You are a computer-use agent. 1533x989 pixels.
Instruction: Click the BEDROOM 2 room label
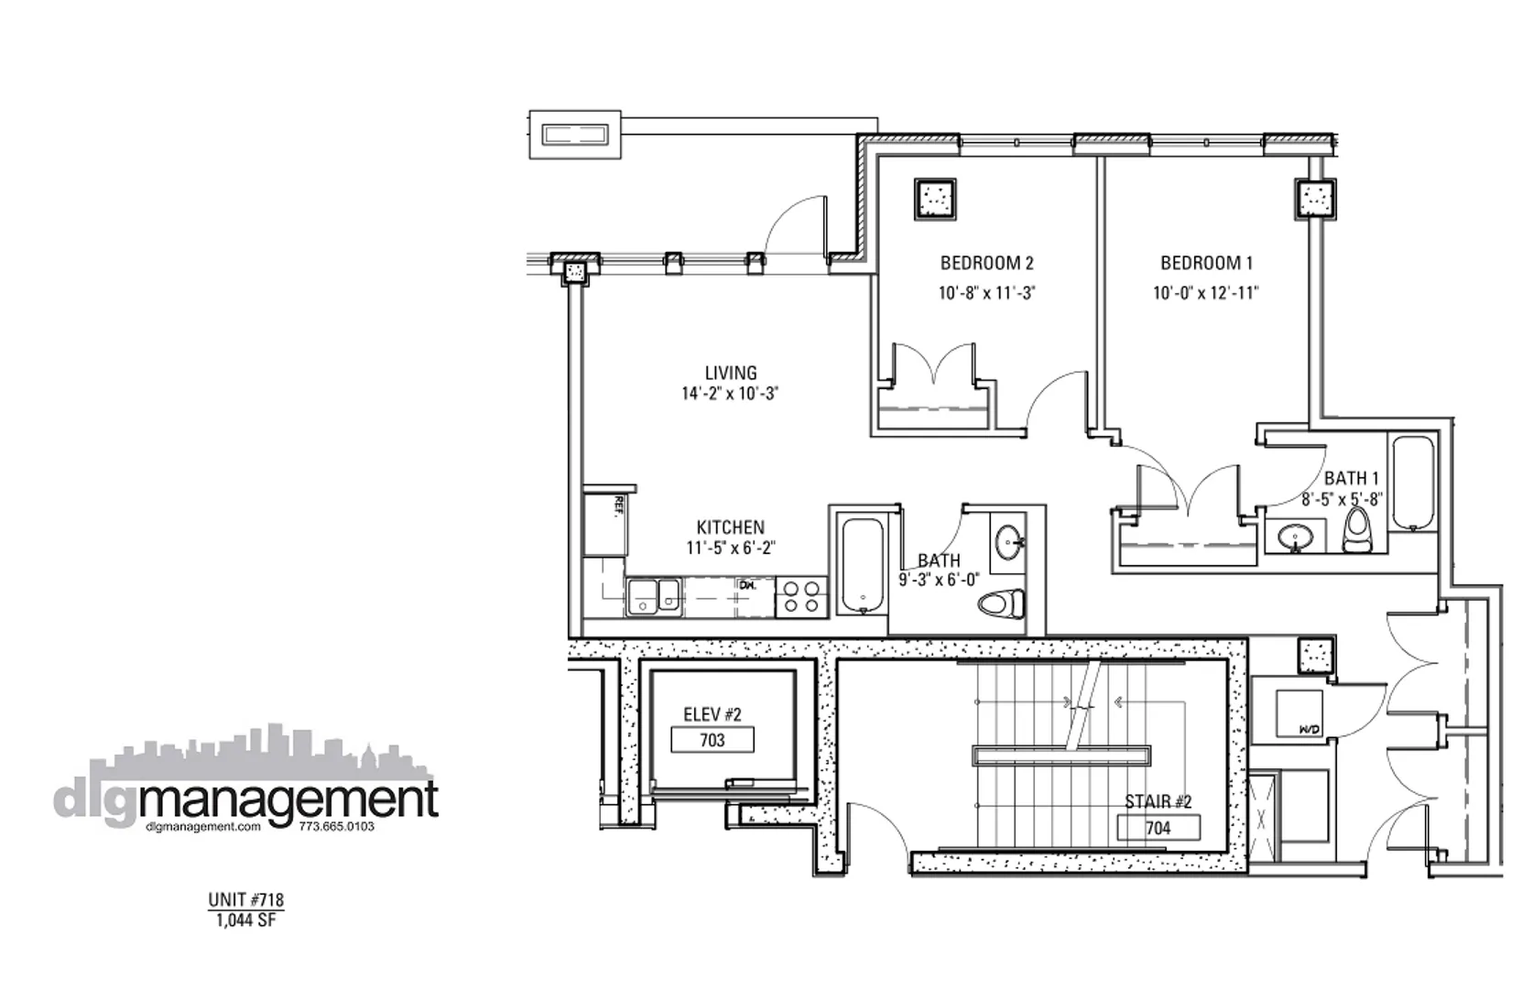click(986, 264)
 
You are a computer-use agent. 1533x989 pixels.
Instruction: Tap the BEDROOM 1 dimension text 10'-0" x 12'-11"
click(1205, 294)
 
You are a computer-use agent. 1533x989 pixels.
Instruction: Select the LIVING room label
click(730, 373)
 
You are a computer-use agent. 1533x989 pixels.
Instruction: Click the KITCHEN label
click(730, 527)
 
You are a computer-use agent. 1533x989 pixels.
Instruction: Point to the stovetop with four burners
click(801, 597)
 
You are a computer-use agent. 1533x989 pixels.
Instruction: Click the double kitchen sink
click(653, 597)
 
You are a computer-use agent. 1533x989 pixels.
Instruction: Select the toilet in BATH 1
click(1356, 531)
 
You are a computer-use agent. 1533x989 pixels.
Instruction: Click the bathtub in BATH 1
click(1412, 483)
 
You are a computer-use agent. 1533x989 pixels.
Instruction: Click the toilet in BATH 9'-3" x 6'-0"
click(1001, 604)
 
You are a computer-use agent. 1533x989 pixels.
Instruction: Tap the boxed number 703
click(712, 740)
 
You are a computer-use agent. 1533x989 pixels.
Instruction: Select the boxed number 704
click(1158, 828)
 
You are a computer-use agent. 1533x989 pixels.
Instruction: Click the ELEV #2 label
click(712, 715)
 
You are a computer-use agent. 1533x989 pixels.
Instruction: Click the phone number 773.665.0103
click(336, 826)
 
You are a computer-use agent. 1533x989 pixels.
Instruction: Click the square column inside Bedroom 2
click(934, 199)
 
